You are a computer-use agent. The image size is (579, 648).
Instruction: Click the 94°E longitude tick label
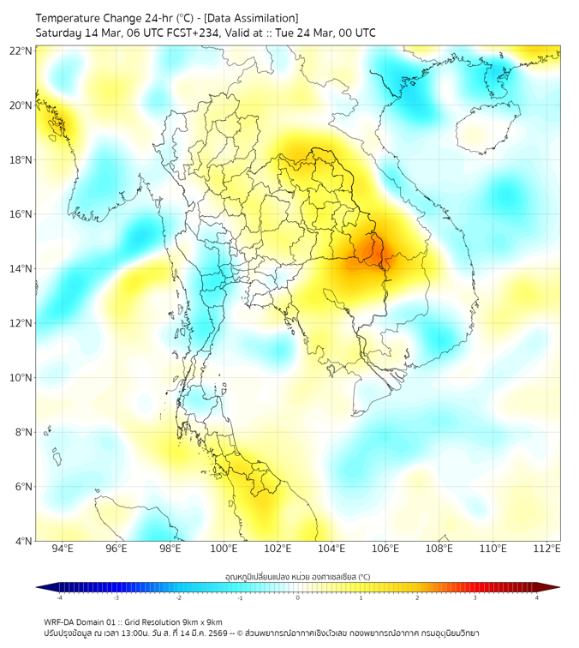(63, 549)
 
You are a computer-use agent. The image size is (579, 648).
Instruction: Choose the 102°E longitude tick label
(278, 549)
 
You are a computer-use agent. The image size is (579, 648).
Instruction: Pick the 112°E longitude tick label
(546, 549)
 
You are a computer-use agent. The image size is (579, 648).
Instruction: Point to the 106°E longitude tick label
(385, 549)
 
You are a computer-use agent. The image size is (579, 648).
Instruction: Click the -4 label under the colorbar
(58, 597)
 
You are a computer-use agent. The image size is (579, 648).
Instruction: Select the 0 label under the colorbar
(298, 597)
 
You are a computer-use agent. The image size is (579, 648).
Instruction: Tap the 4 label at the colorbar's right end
(536, 597)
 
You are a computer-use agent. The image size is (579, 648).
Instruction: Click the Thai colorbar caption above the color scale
(297, 577)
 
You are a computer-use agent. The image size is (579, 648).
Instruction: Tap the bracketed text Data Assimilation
(251, 18)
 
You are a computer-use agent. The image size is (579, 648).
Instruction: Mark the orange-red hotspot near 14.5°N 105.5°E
(372, 252)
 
